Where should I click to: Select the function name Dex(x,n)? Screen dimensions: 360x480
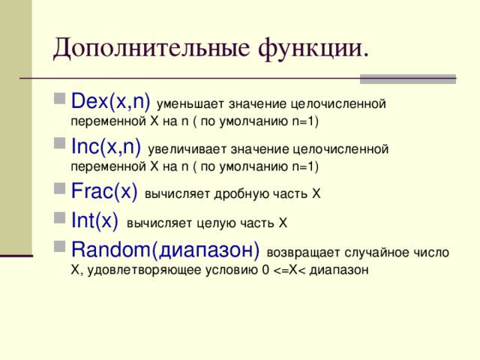pyautogui.click(x=110, y=101)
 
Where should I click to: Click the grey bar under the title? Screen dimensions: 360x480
pyautogui.click(x=407, y=78)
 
